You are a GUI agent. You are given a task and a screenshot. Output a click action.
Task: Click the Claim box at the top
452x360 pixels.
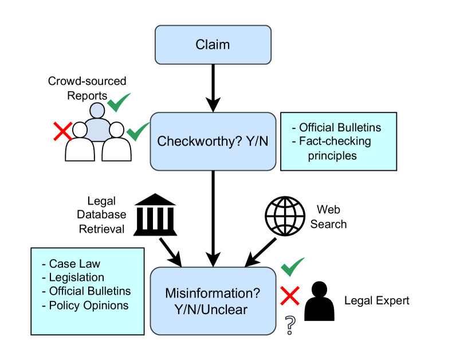[213, 45]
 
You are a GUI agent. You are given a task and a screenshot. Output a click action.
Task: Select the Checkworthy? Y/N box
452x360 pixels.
[213, 141]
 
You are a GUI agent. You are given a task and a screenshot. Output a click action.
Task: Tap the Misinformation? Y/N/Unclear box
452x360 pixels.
[213, 301]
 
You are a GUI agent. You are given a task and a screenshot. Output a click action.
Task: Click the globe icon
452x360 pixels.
[285, 217]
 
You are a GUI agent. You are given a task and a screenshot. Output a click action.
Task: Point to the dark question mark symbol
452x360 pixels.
[290, 324]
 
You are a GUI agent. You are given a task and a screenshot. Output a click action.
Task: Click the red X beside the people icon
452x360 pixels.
[63, 131]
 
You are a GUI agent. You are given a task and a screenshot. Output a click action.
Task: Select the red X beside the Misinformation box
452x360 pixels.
[290, 296]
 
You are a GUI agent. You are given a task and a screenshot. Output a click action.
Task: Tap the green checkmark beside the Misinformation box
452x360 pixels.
[292, 267]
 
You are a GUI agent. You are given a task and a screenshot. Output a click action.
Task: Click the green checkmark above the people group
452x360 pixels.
[119, 103]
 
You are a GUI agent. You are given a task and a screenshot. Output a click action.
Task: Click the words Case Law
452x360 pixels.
[74, 264]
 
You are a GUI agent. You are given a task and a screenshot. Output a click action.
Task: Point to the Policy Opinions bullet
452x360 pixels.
[89, 305]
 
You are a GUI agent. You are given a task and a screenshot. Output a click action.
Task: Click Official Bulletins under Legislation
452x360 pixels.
[90, 291]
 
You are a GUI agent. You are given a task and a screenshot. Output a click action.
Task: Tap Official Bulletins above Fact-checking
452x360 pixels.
[340, 127]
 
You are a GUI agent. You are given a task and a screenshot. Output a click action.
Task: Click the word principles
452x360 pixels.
[332, 155]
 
